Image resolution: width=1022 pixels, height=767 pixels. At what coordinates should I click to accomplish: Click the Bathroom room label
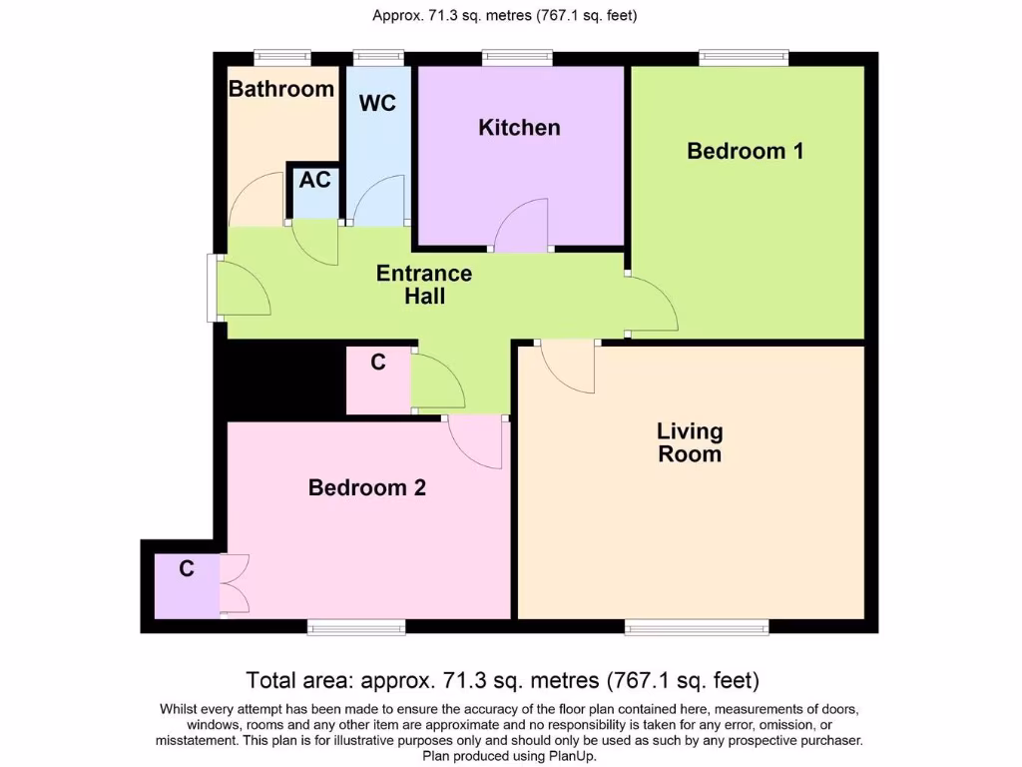point(281,89)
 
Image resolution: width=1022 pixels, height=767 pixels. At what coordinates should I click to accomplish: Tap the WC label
point(377,103)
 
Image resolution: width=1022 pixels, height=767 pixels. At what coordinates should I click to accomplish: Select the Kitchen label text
point(519,128)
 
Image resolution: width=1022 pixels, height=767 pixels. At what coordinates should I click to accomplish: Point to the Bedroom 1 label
point(746,151)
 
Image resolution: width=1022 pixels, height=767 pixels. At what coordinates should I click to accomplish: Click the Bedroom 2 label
point(367,487)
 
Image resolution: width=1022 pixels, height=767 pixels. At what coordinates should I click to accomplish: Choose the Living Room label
point(690,442)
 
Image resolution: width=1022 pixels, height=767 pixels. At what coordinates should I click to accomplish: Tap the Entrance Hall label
point(424,285)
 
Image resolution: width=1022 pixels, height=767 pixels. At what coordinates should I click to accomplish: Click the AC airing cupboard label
point(314,181)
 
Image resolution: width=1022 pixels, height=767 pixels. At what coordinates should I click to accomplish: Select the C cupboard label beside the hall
point(378,363)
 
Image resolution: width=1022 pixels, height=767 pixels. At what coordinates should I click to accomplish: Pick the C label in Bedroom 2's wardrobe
point(186,569)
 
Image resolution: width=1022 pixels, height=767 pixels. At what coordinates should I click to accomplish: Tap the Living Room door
point(569,367)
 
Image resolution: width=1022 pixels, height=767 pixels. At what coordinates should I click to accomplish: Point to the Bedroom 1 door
point(654,305)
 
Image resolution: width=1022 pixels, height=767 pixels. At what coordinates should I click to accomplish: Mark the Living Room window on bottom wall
point(697,626)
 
